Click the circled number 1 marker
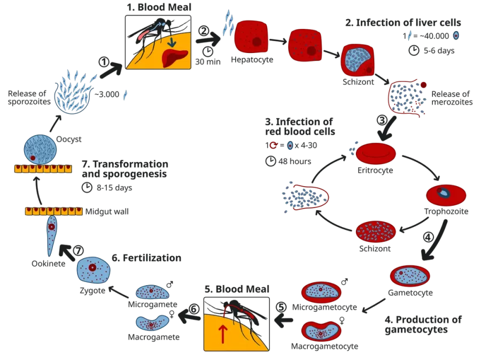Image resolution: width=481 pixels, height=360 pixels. [x=104, y=62]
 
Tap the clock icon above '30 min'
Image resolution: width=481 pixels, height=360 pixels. [x=208, y=51]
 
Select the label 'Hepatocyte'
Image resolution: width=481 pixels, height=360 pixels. [x=252, y=59]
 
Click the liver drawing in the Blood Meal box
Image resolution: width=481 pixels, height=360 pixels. [x=174, y=58]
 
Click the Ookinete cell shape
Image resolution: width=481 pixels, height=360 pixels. [x=51, y=235]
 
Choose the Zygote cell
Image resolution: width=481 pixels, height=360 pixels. [x=93, y=270]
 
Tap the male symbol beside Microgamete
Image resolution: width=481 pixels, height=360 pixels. [x=169, y=285]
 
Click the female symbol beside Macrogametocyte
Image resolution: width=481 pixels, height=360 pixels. [x=342, y=320]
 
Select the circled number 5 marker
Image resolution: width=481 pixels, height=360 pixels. [x=281, y=307]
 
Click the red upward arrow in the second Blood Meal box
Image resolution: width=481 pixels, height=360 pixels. [x=223, y=334]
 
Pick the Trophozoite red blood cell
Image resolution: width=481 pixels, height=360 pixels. [x=446, y=195]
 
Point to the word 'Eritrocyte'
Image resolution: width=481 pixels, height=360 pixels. [x=375, y=170]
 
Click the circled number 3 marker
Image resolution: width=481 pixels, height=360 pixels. [x=382, y=120]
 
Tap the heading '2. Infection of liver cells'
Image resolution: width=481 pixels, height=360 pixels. [x=403, y=22]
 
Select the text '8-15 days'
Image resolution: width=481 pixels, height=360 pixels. [x=114, y=188]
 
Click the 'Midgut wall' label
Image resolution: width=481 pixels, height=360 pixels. [x=107, y=211]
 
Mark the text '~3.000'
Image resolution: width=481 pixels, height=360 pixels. [x=107, y=94]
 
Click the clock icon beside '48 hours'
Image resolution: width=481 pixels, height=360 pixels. [x=270, y=161]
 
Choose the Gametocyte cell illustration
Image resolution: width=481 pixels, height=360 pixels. [x=410, y=276]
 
